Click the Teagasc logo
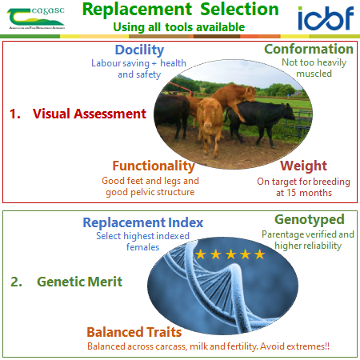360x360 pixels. [x=36, y=18]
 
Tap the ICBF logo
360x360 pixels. [x=326, y=18]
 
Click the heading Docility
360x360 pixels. [x=139, y=50]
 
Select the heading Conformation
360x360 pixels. [x=309, y=49]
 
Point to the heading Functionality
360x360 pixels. [x=154, y=166]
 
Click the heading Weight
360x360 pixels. [x=303, y=166]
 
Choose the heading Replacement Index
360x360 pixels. [x=143, y=222]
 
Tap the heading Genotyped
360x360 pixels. [x=310, y=220]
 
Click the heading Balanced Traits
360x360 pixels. [x=134, y=332]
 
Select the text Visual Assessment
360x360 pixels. [x=90, y=114]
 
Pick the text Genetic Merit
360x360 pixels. [x=79, y=282]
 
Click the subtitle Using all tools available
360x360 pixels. [x=179, y=27]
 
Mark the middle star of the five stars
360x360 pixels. [x=230, y=254]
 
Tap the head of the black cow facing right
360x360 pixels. [x=287, y=111]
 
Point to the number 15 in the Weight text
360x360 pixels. [x=292, y=193]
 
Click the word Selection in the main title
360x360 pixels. [x=239, y=10]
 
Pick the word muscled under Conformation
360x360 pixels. [x=314, y=74]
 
